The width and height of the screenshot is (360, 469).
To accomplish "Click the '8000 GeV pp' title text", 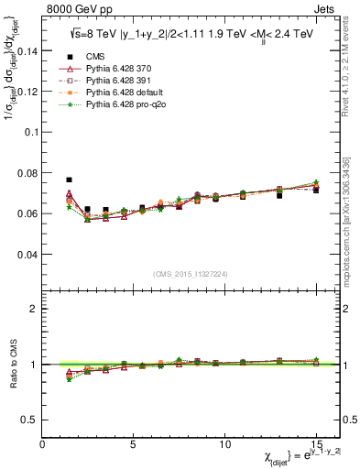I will (75, 7).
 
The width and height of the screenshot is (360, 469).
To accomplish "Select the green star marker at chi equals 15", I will (316, 183).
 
